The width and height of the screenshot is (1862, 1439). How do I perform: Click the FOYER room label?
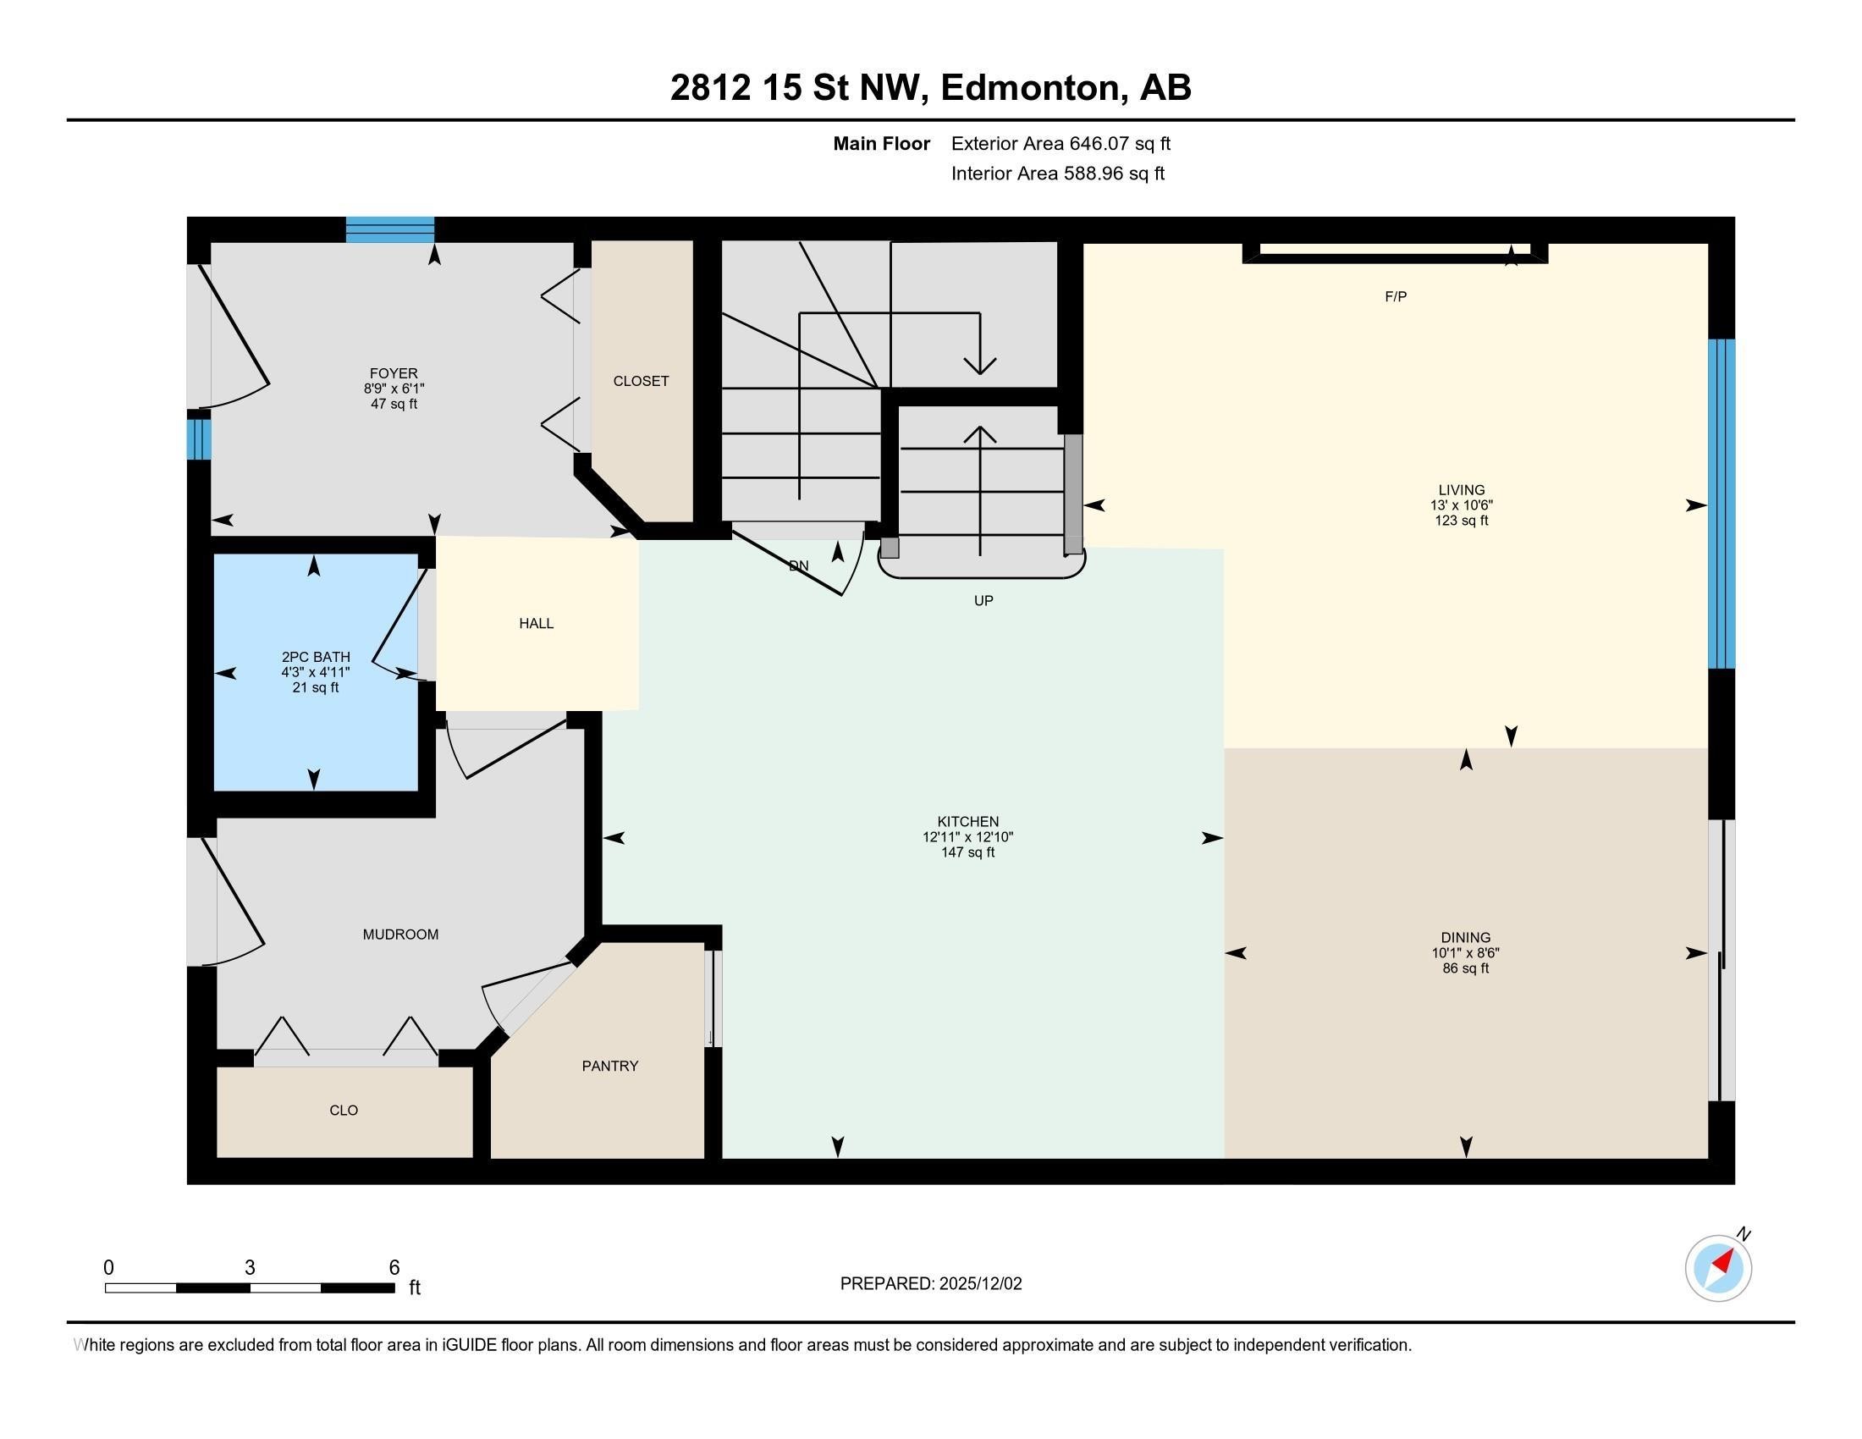pyautogui.click(x=394, y=373)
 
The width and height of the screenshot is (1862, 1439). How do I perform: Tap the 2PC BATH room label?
pyautogui.click(x=316, y=656)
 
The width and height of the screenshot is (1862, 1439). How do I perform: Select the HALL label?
pyautogui.click(x=537, y=623)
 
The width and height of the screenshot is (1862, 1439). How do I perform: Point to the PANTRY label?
pyautogui.click(x=609, y=1066)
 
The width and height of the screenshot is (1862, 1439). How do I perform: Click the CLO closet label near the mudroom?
pyautogui.click(x=344, y=1110)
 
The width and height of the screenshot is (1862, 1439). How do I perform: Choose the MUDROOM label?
pyautogui.click(x=400, y=935)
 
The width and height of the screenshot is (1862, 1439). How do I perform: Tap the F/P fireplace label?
pyautogui.click(x=1396, y=296)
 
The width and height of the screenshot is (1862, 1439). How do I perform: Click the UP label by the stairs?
pyautogui.click(x=983, y=600)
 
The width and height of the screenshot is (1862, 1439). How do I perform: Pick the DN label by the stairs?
pyautogui.click(x=799, y=565)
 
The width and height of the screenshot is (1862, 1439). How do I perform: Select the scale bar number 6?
pyautogui.click(x=394, y=1268)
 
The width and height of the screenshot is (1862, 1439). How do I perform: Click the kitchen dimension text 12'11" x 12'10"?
pyautogui.click(x=967, y=837)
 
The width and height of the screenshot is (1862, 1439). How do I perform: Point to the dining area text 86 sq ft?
pyautogui.click(x=1466, y=968)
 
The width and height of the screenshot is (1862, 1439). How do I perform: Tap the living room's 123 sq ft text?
pyautogui.click(x=1462, y=520)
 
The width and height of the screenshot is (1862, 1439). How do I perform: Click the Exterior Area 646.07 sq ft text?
pyautogui.click(x=1060, y=143)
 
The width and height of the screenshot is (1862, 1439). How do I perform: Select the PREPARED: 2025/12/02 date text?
pyautogui.click(x=931, y=1283)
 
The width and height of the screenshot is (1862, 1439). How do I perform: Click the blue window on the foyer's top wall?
pyautogui.click(x=389, y=229)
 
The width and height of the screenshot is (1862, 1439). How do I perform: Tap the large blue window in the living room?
pyautogui.click(x=1722, y=504)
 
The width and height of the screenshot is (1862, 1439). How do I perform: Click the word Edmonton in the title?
pyautogui.click(x=1029, y=87)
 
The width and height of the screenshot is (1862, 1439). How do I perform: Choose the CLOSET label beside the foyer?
pyautogui.click(x=642, y=381)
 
